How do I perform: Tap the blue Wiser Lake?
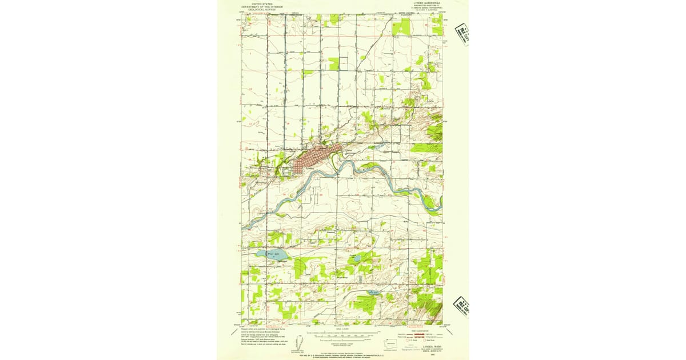267,253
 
